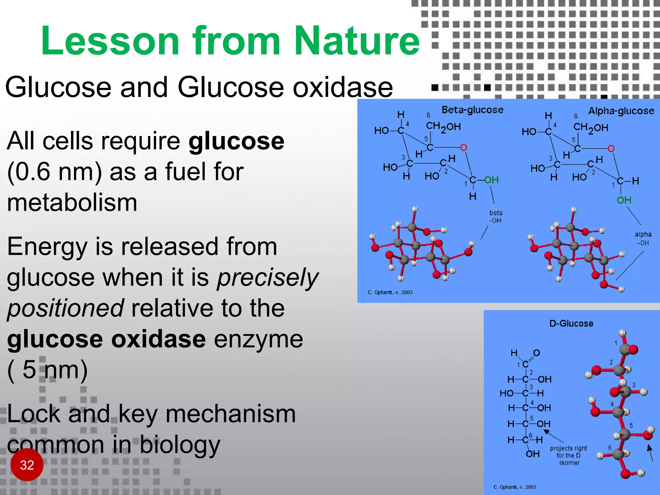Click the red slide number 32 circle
pyautogui.click(x=27, y=465)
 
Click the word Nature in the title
pyautogui.click(x=357, y=41)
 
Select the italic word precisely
pyautogui.click(x=267, y=278)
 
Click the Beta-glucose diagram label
pyautogui.click(x=472, y=110)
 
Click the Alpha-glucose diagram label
pyautogui.click(x=621, y=111)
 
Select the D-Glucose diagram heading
pyautogui.click(x=571, y=323)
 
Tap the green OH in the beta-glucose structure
pyautogui.click(x=491, y=180)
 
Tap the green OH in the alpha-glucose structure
pyautogui.click(x=624, y=200)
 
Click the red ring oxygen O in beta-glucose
pyautogui.click(x=463, y=148)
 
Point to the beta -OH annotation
pyautogui.click(x=495, y=217)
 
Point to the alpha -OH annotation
pyautogui.click(x=643, y=238)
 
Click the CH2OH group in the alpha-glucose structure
pyautogui.click(x=590, y=128)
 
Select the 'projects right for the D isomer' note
pyautogui.click(x=568, y=455)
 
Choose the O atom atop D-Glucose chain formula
pyautogui.click(x=536, y=353)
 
